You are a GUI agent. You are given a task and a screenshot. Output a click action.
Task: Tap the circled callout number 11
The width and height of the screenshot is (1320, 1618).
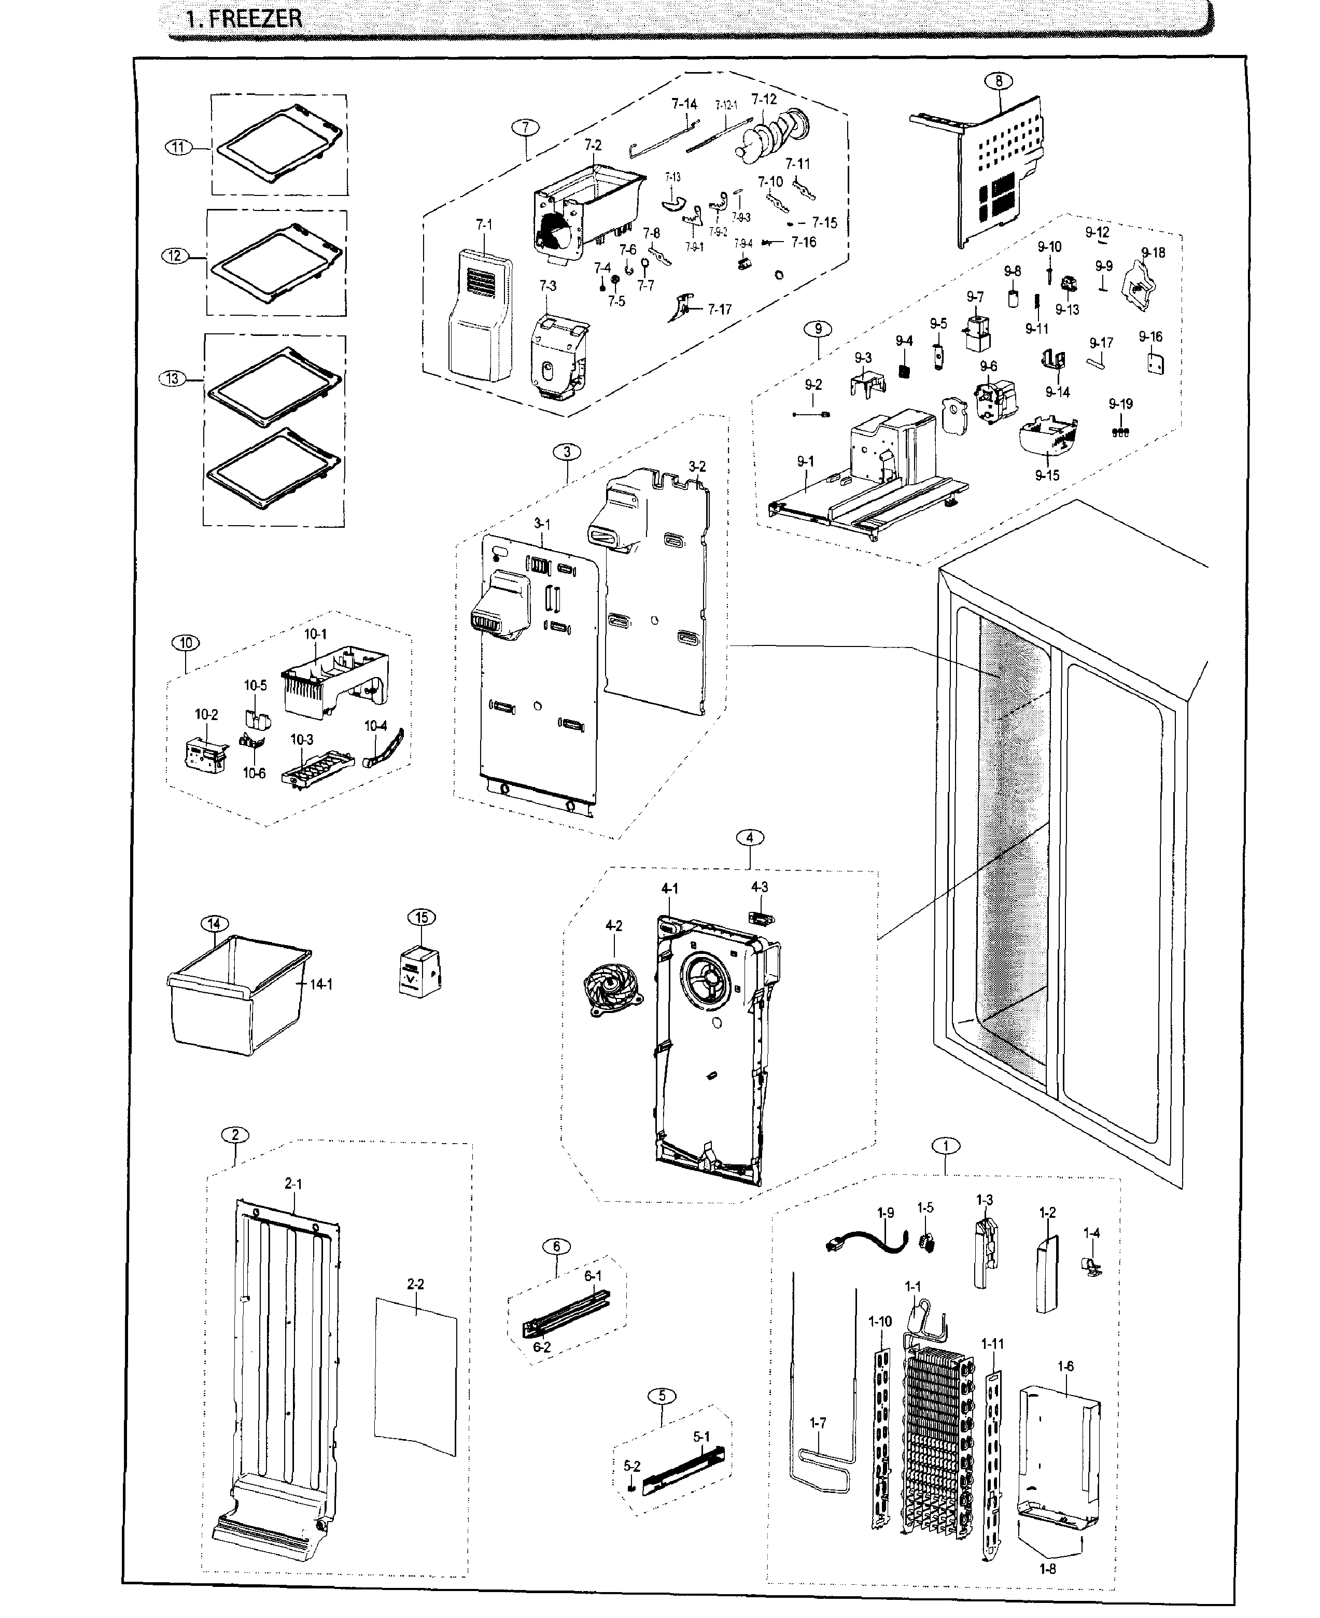(x=179, y=148)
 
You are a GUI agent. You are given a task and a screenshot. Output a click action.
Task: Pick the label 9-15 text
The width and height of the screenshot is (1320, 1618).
(x=1046, y=475)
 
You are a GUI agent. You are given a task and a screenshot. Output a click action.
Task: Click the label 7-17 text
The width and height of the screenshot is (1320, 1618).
(x=719, y=309)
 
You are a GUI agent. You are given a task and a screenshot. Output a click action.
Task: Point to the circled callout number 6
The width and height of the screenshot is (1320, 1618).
(x=557, y=1246)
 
